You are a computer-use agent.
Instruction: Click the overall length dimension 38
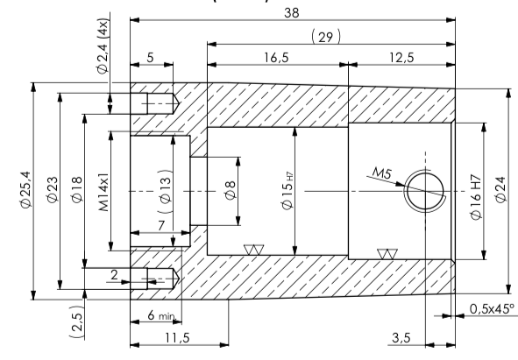coord(292,12)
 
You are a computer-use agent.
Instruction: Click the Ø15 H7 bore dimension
coord(290,190)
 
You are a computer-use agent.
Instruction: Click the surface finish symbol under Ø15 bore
coord(256,250)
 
